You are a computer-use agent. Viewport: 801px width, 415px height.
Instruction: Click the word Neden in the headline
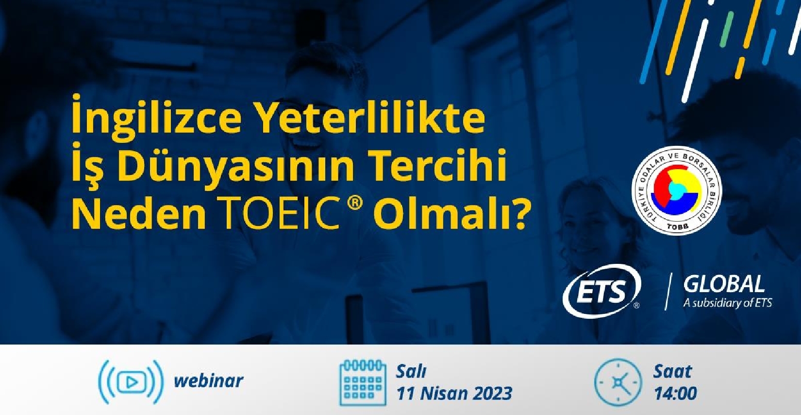tap(139, 214)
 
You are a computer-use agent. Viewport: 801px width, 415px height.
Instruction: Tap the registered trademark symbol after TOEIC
tap(354, 205)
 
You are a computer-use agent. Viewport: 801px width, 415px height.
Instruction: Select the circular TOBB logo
tap(676, 190)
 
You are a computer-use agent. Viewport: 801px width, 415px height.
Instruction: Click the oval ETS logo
tap(601, 291)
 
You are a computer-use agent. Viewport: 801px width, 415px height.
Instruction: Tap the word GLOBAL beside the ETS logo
tap(724, 285)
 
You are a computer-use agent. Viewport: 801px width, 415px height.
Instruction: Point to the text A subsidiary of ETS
tap(727, 303)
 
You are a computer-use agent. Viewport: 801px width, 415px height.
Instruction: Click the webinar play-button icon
tap(131, 381)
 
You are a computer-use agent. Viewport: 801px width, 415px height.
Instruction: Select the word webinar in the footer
tap(208, 380)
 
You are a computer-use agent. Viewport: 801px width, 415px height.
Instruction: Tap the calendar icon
tap(363, 382)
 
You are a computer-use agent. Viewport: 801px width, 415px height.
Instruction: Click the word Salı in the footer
tap(411, 372)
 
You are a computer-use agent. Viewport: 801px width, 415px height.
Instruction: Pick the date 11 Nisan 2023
tap(454, 393)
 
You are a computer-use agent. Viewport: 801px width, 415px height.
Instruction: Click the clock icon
tap(618, 382)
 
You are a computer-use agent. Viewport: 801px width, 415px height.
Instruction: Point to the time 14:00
tap(675, 393)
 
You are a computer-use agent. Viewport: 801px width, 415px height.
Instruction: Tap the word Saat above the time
tap(673, 372)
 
